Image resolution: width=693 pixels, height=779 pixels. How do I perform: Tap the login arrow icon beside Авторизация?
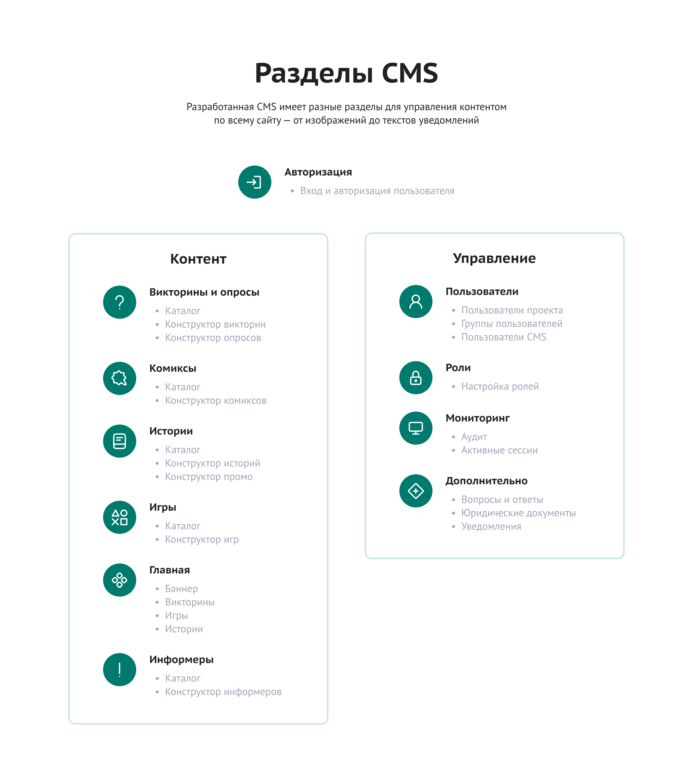[255, 182]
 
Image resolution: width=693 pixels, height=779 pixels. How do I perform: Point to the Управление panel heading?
[494, 258]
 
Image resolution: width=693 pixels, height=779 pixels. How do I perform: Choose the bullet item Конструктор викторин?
[215, 324]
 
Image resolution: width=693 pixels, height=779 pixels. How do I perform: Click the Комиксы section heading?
[173, 369]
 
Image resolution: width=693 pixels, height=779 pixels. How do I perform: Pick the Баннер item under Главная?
[181, 589]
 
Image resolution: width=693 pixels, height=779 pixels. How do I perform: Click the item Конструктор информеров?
[223, 692]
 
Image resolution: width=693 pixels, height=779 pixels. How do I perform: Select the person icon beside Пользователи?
[416, 301]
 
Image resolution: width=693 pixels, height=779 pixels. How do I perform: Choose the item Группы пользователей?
[512, 324]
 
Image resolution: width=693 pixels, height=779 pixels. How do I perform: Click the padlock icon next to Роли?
[416, 378]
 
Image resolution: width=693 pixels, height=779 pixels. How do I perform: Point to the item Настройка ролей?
[500, 386]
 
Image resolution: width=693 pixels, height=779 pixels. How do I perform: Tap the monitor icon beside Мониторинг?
[416, 428]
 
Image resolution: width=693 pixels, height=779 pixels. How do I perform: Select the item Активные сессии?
[500, 451]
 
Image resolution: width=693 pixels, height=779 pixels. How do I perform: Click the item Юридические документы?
[519, 513]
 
